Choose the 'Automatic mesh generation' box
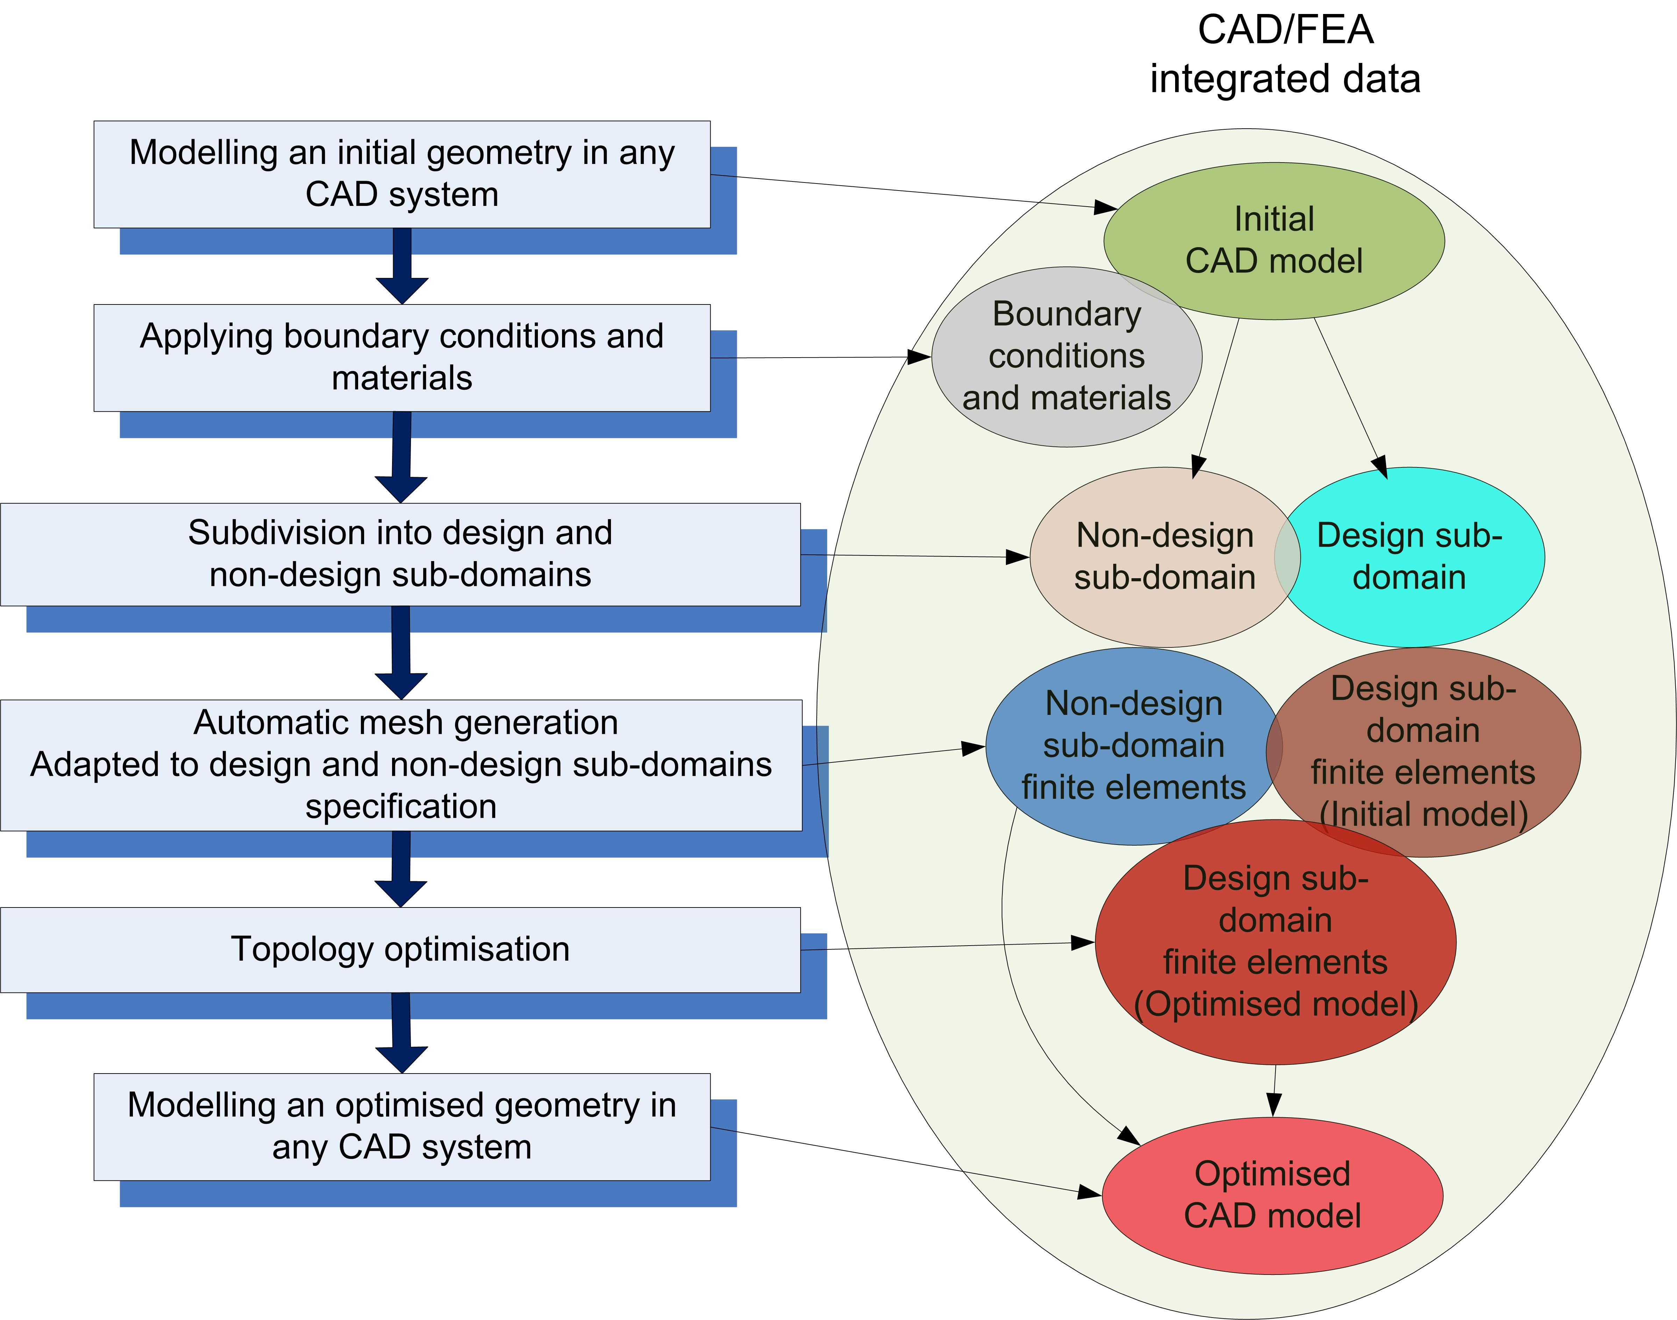point(400,765)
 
